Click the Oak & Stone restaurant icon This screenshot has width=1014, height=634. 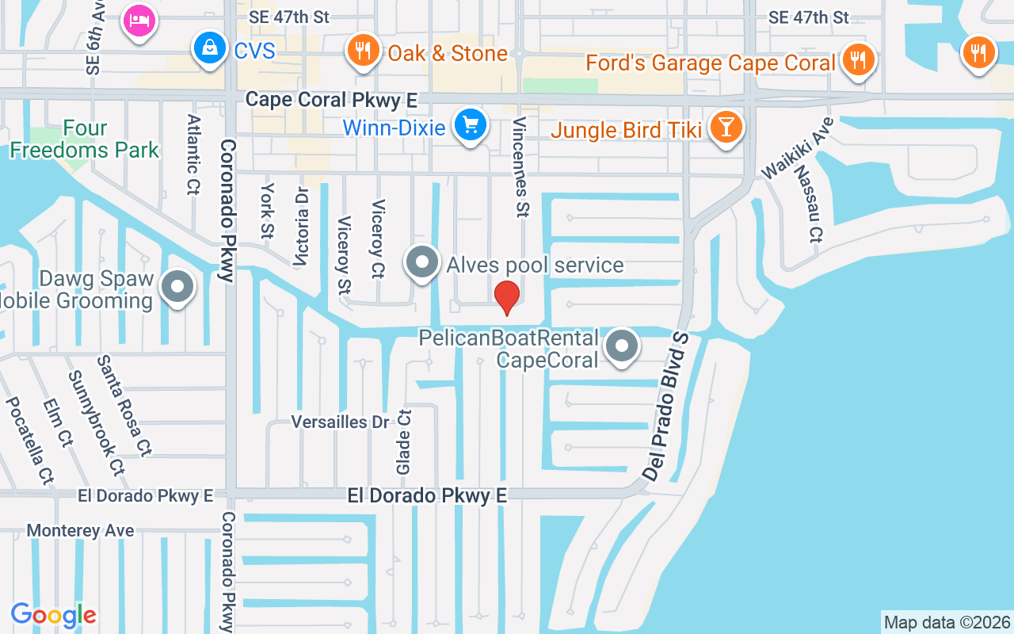pos(363,52)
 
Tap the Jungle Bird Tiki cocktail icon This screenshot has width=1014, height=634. pos(724,128)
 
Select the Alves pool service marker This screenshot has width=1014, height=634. pos(422,262)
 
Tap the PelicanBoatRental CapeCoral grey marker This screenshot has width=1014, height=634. pos(623,346)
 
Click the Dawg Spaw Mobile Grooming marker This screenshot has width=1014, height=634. pos(177,288)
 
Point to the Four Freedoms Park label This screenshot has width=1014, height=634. pos(85,139)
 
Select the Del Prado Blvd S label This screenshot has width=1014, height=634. pos(666,406)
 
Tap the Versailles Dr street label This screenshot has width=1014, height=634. pos(341,422)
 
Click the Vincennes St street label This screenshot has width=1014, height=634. pos(520,167)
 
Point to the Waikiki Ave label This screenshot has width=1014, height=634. pos(797,148)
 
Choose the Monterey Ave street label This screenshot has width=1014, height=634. pos(80,530)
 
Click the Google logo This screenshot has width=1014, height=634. pos(53,615)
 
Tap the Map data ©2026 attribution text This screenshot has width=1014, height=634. pos(947,622)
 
